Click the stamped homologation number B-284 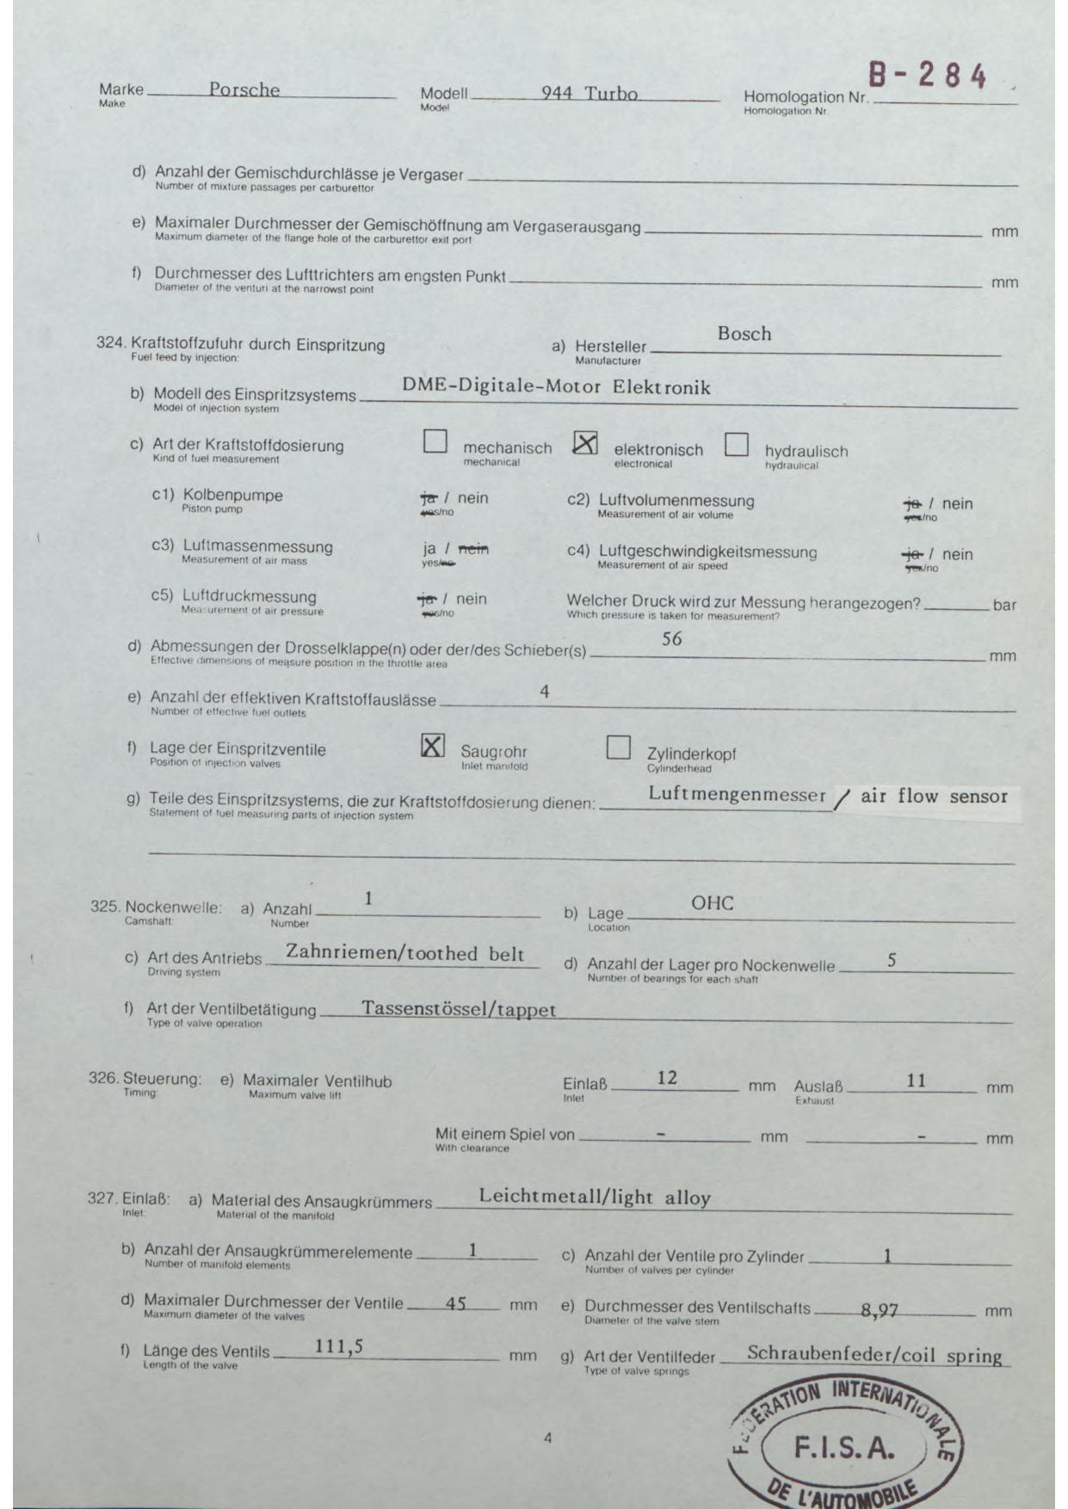tap(926, 76)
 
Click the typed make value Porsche tap(244, 89)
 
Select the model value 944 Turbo tap(590, 93)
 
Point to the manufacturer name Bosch tap(744, 334)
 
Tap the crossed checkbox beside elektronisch tap(585, 443)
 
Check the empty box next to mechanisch tap(435, 441)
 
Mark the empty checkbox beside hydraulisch tap(736, 445)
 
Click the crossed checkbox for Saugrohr tap(433, 745)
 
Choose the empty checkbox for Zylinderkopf tap(618, 747)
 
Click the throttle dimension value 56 tap(671, 639)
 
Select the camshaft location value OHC tap(712, 903)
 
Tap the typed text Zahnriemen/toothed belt tap(404, 953)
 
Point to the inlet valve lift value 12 tap(667, 1078)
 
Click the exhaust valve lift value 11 tap(916, 1081)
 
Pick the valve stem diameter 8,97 tap(879, 1311)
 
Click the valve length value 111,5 tap(338, 1347)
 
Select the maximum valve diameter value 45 tap(455, 1304)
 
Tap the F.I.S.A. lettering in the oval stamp tap(843, 1449)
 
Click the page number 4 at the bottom tap(547, 1438)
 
